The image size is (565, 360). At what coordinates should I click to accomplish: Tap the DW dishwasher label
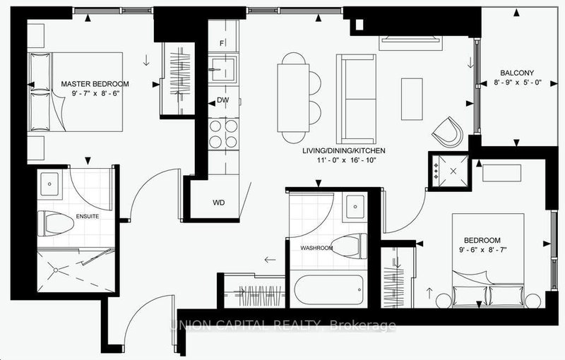click(221, 101)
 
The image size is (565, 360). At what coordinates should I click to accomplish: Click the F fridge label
click(222, 44)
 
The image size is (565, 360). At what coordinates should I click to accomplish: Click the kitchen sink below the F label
click(225, 71)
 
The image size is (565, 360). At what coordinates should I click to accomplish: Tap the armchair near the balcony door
click(448, 130)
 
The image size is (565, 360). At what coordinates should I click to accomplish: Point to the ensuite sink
click(52, 184)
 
